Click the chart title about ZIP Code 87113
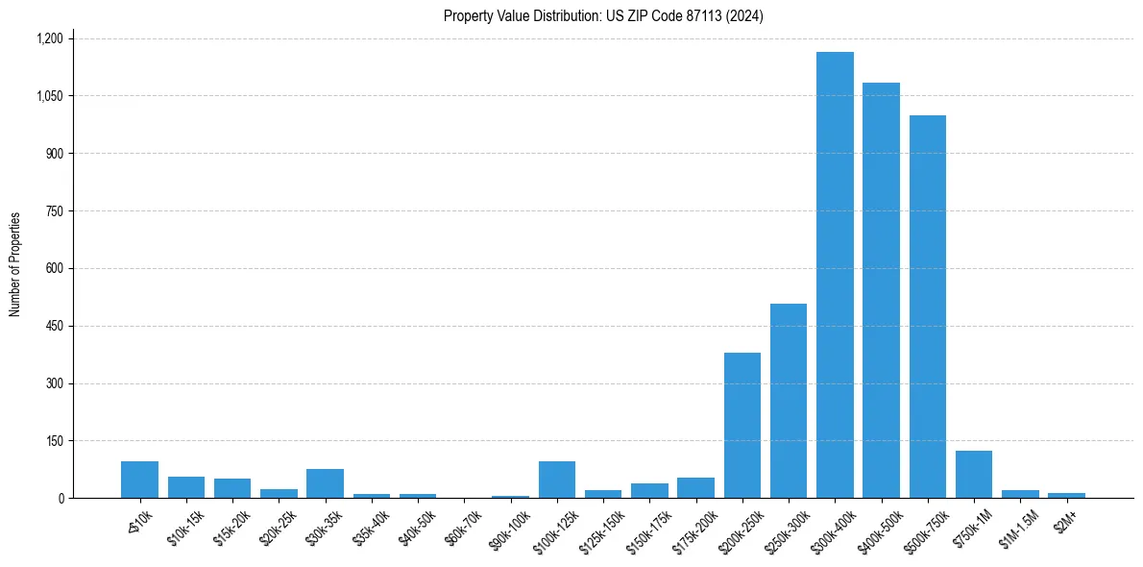click(x=603, y=16)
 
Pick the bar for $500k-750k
click(x=928, y=307)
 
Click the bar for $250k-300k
click(x=789, y=401)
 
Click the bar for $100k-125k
click(x=557, y=480)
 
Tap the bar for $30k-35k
click(x=325, y=483)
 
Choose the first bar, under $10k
click(x=139, y=480)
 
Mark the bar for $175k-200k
click(x=695, y=487)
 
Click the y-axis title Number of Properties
click(x=15, y=264)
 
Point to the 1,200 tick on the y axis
click(x=49, y=38)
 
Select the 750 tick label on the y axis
click(x=54, y=211)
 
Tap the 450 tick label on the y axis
click(x=54, y=326)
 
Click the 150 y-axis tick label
click(x=54, y=441)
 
